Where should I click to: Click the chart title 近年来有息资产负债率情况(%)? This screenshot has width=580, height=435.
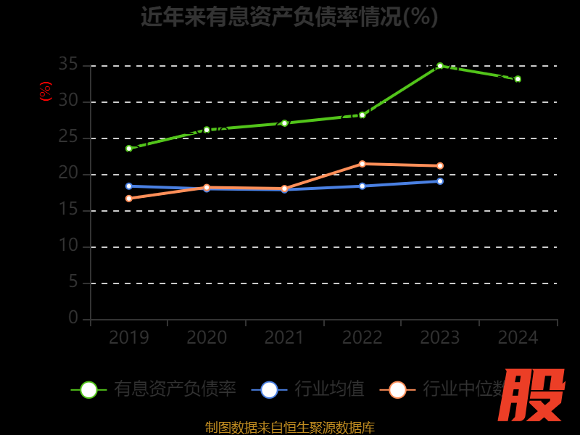pyautogui.click(x=289, y=16)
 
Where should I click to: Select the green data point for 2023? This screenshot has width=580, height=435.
pyautogui.click(x=440, y=66)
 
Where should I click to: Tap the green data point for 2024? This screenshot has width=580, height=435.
pyautogui.click(x=518, y=79)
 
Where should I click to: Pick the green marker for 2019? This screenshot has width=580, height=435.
pyautogui.click(x=129, y=149)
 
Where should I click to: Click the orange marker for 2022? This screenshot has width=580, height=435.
pyautogui.click(x=362, y=164)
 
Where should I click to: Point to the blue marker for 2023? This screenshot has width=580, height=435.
pyautogui.click(x=440, y=181)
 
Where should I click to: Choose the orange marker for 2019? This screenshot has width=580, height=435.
pyautogui.click(x=129, y=199)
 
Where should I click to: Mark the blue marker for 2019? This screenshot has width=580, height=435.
pyautogui.click(x=129, y=186)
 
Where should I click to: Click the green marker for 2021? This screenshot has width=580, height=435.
pyautogui.click(x=285, y=123)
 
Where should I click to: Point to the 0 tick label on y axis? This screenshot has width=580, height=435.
pyautogui.click(x=73, y=318)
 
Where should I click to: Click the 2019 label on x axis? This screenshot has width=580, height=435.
pyautogui.click(x=129, y=338)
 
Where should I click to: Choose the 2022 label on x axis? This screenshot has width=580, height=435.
pyautogui.click(x=362, y=338)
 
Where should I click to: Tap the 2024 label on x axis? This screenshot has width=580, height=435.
pyautogui.click(x=518, y=338)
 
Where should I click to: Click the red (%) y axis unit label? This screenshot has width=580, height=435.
pyautogui.click(x=45, y=91)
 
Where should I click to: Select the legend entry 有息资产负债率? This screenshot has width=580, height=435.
pyautogui.click(x=175, y=389)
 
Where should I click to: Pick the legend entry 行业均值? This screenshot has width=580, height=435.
pyautogui.click(x=330, y=389)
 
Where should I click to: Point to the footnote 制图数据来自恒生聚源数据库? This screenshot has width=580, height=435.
pyautogui.click(x=290, y=428)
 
